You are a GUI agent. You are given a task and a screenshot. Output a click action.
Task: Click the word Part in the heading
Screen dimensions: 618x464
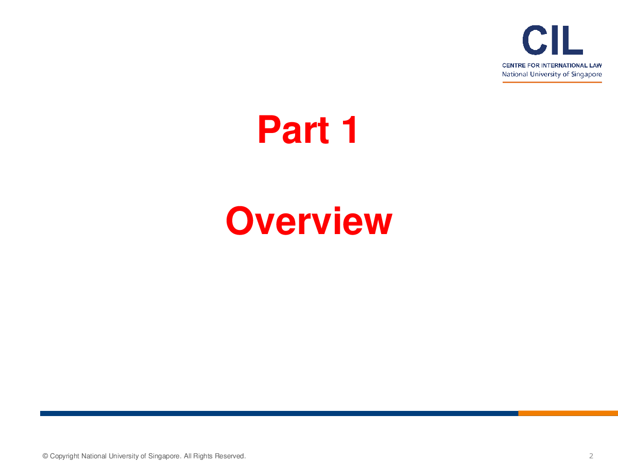[293, 129]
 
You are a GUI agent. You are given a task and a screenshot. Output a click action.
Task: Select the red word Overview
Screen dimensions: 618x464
[309, 220]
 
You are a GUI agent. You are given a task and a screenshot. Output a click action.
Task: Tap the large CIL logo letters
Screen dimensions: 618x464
[553, 40]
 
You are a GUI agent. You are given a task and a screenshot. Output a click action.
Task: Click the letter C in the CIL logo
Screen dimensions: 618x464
[535, 40]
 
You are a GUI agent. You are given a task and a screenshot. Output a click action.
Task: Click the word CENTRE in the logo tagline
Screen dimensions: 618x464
[514, 65]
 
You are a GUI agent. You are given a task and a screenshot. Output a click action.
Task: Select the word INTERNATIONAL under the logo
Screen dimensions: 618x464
[564, 65]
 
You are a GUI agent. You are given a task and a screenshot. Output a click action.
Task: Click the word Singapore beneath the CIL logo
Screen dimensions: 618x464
[587, 74]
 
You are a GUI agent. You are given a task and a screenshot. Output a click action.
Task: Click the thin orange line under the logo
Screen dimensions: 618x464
[552, 82]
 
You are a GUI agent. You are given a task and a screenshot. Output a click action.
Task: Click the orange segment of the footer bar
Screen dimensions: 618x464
[568, 413]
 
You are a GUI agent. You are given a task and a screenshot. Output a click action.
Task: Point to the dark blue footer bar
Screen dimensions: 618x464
[279, 413]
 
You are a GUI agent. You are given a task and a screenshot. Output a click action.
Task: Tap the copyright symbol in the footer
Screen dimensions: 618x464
[45, 456]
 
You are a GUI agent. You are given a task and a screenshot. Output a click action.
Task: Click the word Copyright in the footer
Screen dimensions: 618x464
[64, 456]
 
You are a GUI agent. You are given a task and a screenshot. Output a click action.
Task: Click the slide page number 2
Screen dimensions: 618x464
[591, 456]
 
